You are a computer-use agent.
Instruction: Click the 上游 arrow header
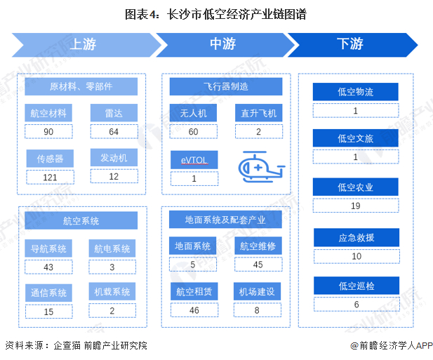83,44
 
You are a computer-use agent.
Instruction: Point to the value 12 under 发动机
114,176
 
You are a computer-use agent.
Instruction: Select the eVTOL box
194,160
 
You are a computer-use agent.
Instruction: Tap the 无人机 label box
194,113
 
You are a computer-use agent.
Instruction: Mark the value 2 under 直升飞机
258,131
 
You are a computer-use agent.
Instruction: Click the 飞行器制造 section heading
226,86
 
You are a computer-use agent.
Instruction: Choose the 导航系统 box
48,248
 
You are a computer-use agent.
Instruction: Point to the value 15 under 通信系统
48,312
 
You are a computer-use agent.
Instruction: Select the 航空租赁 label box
194,291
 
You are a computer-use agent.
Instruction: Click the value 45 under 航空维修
258,265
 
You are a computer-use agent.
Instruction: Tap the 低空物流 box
356,92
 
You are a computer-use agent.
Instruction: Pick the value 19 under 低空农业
356,206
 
